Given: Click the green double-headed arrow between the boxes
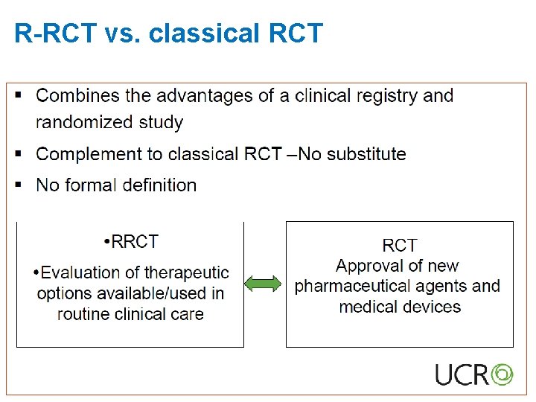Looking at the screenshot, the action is (264, 284).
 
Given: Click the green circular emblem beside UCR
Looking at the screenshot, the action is (502, 373).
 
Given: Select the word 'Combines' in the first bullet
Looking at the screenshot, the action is (77, 96).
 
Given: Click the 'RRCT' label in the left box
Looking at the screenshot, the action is (134, 242).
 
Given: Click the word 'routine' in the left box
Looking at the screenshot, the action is (86, 313).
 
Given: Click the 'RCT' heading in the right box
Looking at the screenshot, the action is (400, 246).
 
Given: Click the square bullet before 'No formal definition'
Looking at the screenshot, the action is (19, 183).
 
